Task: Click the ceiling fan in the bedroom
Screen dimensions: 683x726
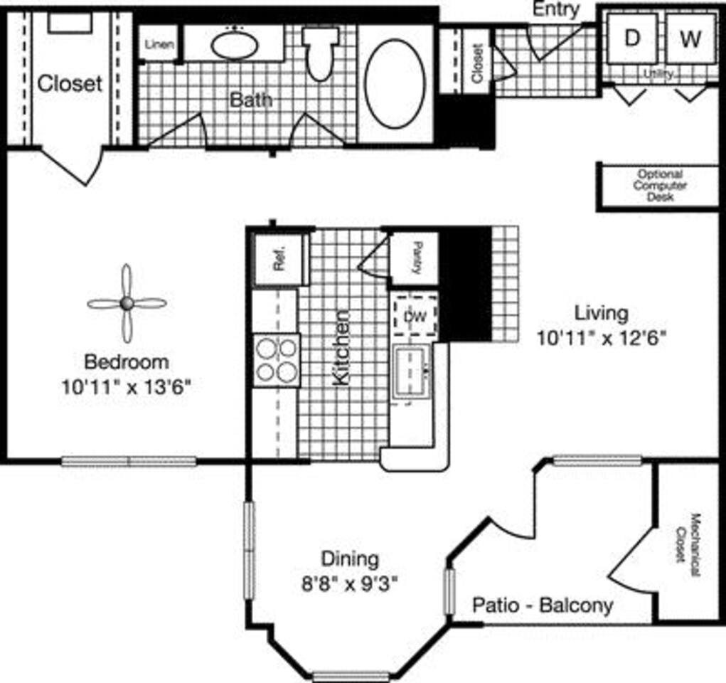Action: [127, 304]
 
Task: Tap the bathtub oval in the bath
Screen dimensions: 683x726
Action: [395, 83]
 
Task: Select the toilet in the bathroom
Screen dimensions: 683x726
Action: [319, 53]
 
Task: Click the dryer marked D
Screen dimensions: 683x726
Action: [631, 38]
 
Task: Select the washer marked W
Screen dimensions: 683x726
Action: [690, 38]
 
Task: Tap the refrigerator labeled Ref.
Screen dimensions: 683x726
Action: [279, 260]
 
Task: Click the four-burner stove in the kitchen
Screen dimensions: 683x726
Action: [277, 360]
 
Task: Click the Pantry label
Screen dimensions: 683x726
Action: [415, 258]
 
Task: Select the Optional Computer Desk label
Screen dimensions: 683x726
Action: [660, 185]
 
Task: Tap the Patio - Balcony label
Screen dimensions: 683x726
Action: [543, 605]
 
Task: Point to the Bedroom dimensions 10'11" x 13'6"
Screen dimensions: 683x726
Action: [127, 388]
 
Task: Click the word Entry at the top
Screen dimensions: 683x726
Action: [555, 9]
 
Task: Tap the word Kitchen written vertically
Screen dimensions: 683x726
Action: [341, 347]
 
